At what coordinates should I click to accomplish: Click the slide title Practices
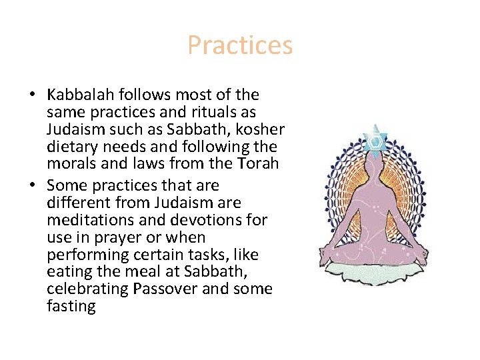click(240, 45)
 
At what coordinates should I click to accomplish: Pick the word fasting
click(71, 306)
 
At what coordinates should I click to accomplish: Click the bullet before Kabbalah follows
click(33, 95)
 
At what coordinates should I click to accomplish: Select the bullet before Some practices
click(33, 185)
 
